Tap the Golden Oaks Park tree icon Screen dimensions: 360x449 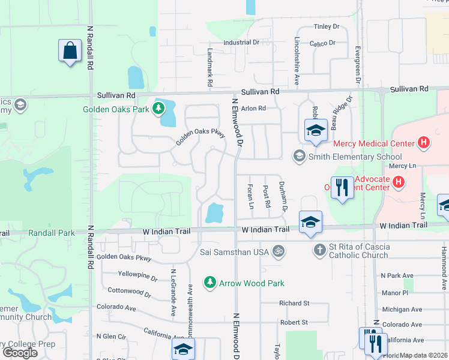click(x=158, y=109)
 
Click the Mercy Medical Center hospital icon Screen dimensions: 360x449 click(x=424, y=143)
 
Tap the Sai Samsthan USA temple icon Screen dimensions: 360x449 click(x=277, y=251)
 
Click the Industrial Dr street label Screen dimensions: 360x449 click(x=241, y=43)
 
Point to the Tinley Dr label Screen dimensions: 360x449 click(x=327, y=27)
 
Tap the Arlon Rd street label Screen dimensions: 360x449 click(x=253, y=109)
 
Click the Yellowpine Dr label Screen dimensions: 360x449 click(x=137, y=279)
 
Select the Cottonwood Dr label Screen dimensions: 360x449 click(x=129, y=292)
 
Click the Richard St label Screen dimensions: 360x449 click(x=294, y=304)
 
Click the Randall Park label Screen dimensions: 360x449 click(x=51, y=233)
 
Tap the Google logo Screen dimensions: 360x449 click(x=20, y=352)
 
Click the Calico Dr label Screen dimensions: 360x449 click(x=322, y=43)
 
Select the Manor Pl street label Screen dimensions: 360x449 click(x=394, y=293)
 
